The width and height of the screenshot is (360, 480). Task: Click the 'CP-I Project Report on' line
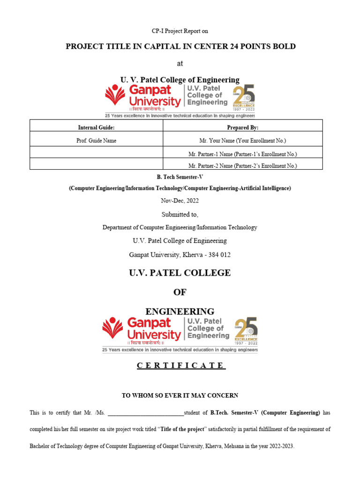[180, 31]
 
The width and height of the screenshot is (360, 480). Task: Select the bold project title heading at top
[180, 46]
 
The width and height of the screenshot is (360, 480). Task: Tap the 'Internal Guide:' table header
[96, 127]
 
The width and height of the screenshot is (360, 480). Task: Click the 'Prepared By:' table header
[242, 127]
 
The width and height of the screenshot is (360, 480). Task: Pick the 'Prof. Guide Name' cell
[96, 141]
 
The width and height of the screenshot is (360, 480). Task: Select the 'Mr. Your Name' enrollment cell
[242, 141]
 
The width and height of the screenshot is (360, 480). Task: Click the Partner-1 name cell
[242, 154]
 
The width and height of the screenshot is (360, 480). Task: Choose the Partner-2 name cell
[242, 165]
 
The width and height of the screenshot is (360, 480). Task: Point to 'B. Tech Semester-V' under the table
[180, 177]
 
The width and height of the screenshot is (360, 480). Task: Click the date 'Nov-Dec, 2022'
[180, 201]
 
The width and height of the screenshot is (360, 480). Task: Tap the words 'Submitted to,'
[180, 215]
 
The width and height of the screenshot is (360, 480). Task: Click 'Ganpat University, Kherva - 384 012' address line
[180, 255]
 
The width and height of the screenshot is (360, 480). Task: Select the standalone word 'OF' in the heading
[180, 292]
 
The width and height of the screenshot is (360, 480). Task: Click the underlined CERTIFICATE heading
[181, 366]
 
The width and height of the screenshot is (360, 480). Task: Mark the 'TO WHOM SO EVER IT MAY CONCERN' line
[180, 396]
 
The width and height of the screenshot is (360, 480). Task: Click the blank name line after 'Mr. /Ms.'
[146, 413]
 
